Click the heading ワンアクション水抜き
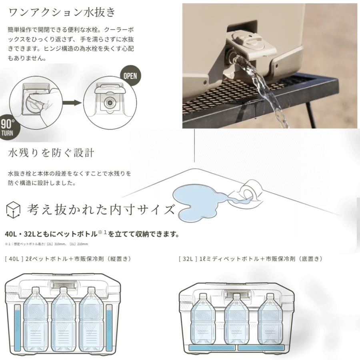[62, 12]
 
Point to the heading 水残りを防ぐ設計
[51, 153]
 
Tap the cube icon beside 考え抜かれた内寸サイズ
[14, 209]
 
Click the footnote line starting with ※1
[46, 244]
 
